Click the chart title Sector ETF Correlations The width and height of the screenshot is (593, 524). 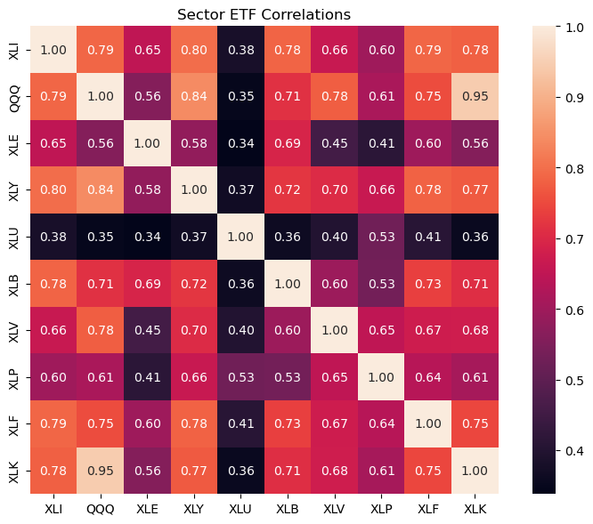[x=264, y=15]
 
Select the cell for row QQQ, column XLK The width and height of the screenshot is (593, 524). [x=475, y=96]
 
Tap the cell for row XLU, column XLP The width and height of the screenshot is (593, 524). [x=381, y=237]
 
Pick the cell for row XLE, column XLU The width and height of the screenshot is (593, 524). [x=240, y=143]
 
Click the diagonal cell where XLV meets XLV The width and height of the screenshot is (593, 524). [x=334, y=330]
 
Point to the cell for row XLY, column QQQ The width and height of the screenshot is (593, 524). [x=101, y=190]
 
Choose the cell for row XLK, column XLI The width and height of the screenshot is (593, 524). [x=53, y=471]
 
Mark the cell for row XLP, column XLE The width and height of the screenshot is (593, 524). [x=147, y=377]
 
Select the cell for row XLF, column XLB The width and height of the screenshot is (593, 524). [x=288, y=423]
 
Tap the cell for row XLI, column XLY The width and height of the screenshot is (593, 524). [x=194, y=50]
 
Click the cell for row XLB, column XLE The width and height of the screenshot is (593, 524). [x=147, y=283]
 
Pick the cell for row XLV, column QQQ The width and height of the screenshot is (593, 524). [x=101, y=330]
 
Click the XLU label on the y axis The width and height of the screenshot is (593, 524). [x=13, y=237]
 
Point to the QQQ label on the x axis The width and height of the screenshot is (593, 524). [x=101, y=509]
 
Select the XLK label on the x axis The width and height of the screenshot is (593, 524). [x=475, y=509]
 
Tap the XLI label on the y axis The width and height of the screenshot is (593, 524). [x=13, y=50]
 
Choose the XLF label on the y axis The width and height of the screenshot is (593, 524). [x=13, y=423]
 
